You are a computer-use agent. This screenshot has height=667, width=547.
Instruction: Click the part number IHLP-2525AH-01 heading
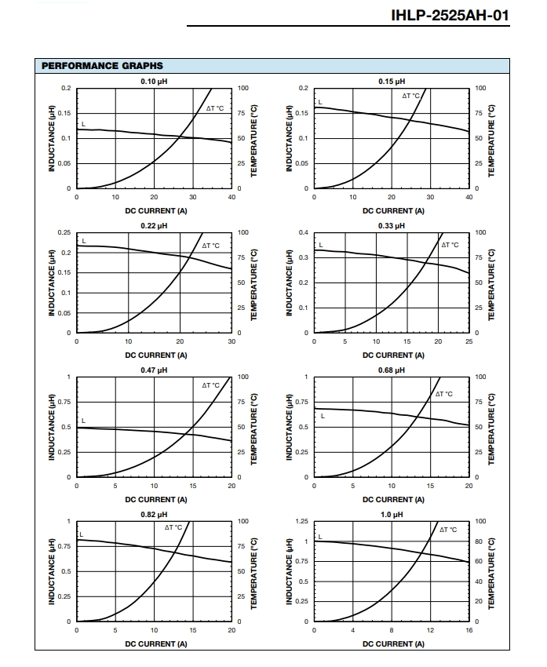pyautogui.click(x=450, y=16)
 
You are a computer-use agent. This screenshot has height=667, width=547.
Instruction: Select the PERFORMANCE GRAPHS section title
pyautogui.click(x=102, y=66)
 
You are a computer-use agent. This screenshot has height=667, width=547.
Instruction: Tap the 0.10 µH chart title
pyautogui.click(x=154, y=82)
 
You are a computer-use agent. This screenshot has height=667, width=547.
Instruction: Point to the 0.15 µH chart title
pyautogui.click(x=392, y=82)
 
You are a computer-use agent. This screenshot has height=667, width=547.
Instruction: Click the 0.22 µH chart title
pyautogui.click(x=154, y=225)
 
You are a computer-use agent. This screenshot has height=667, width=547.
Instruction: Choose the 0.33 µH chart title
pyautogui.click(x=392, y=225)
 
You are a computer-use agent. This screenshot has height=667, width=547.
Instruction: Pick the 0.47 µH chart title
pyautogui.click(x=154, y=370)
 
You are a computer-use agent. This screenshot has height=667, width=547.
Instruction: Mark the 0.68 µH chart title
pyautogui.click(x=392, y=370)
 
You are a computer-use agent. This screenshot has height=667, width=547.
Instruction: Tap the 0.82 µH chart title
pyautogui.click(x=154, y=514)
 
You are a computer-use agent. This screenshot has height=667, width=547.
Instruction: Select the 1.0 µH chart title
pyautogui.click(x=392, y=514)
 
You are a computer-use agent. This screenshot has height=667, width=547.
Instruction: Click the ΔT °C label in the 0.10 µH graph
pyautogui.click(x=215, y=108)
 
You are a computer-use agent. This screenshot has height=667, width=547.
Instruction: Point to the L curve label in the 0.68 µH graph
pyautogui.click(x=323, y=416)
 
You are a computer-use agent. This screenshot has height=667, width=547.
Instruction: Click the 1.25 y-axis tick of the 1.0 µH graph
pyautogui.click(x=301, y=521)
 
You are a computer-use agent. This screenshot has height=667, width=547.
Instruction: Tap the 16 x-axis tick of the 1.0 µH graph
pyautogui.click(x=469, y=630)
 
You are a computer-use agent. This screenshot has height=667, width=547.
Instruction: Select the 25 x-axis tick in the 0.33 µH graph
pyautogui.click(x=469, y=341)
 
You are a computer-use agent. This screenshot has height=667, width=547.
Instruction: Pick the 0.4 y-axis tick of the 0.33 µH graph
pyautogui.click(x=303, y=232)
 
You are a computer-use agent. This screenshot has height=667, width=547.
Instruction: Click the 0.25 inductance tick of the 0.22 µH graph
pyautogui.click(x=64, y=232)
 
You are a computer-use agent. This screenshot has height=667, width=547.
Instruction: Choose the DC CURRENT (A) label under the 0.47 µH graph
pyautogui.click(x=156, y=499)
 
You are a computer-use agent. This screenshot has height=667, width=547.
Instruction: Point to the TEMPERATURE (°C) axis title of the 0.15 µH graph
pyautogui.click(x=491, y=140)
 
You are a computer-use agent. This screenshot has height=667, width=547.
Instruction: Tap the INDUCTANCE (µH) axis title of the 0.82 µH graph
pyautogui.click(x=52, y=571)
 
